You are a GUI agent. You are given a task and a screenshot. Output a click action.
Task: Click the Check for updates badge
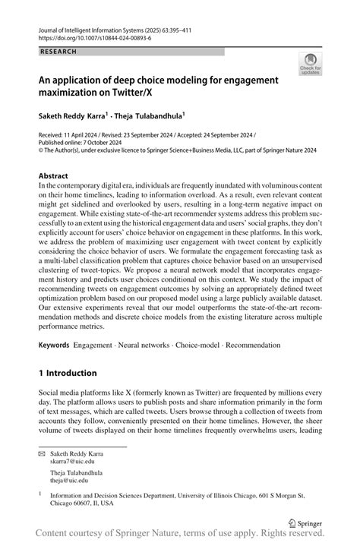pyautogui.click(x=309, y=65)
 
